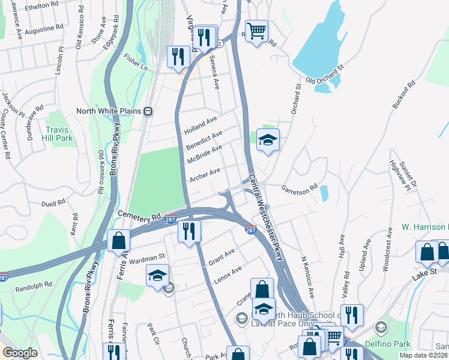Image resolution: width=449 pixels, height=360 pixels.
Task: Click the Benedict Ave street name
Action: pyautogui.click(x=204, y=139)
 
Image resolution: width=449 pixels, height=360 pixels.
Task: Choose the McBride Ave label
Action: pyautogui.click(x=205, y=154)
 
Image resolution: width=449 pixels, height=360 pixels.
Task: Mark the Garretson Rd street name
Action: pyautogui.click(x=300, y=187)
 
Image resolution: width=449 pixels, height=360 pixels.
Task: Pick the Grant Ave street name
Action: pyautogui.click(x=221, y=257)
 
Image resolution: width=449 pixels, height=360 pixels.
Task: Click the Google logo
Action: pyautogui.click(x=20, y=353)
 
